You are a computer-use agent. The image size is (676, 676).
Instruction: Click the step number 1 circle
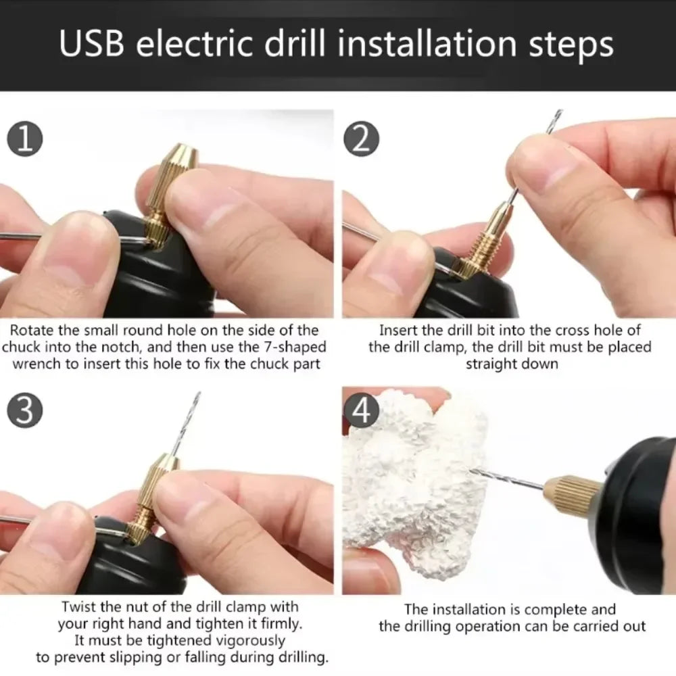click(25, 139)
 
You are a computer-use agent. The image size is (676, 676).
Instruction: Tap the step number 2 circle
click(362, 140)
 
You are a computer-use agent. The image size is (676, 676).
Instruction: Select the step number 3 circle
click(25, 412)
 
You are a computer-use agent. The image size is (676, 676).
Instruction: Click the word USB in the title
click(97, 44)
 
